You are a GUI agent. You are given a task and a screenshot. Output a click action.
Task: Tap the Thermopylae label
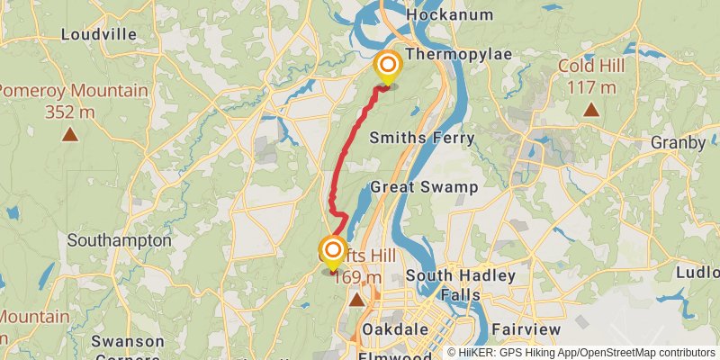(458, 55)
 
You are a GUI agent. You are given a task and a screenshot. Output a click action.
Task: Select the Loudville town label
(98, 34)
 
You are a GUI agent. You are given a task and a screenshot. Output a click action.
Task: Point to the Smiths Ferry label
(415, 137)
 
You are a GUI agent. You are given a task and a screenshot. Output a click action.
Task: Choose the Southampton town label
(119, 241)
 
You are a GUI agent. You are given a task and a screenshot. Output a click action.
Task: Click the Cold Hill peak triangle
(590, 110)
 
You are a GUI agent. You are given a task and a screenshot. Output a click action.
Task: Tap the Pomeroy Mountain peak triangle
(69, 135)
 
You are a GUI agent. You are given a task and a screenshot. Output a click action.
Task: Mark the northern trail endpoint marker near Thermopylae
(388, 65)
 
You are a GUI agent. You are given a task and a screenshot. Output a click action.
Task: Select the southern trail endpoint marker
(333, 249)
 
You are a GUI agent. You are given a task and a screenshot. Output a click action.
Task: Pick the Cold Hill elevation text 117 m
(590, 87)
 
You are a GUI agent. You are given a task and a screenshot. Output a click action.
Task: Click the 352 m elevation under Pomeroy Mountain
(70, 112)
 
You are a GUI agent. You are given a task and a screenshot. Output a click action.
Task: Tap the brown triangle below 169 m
(357, 299)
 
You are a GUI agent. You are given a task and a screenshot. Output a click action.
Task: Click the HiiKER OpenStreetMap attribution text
(581, 353)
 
